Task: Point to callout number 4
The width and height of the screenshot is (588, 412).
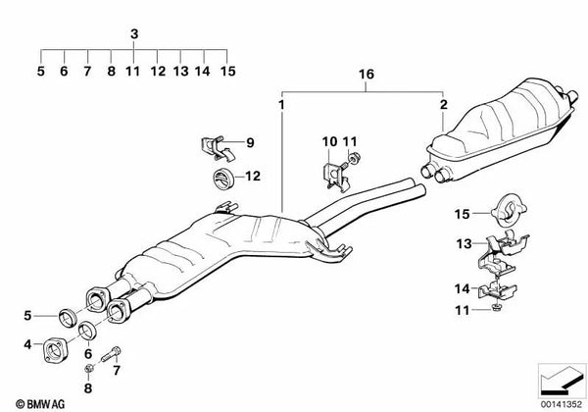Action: pos(27,344)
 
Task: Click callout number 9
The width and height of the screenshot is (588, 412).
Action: pos(249,143)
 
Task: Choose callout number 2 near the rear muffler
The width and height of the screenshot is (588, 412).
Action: pos(443,103)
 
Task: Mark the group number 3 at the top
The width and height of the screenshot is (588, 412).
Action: pos(133,34)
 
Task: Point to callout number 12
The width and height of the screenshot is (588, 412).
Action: pos(253,177)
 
